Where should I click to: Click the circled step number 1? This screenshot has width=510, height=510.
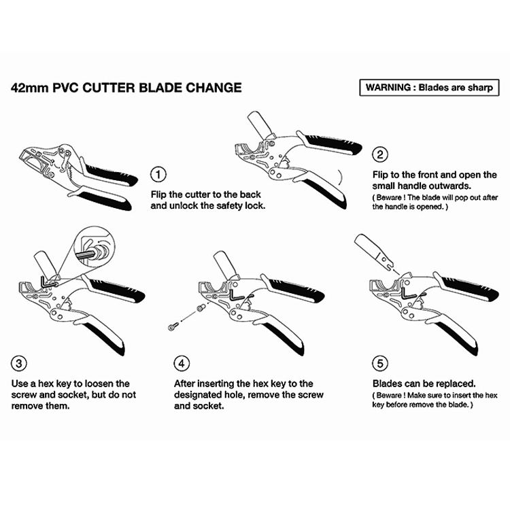tap(158, 175)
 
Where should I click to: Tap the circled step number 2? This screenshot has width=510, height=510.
tap(381, 154)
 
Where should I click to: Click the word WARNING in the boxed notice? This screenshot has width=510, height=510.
tap(390, 88)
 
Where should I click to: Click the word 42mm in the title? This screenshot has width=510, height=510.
tap(28, 88)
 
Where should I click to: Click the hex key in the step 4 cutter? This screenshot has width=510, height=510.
tap(235, 296)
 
